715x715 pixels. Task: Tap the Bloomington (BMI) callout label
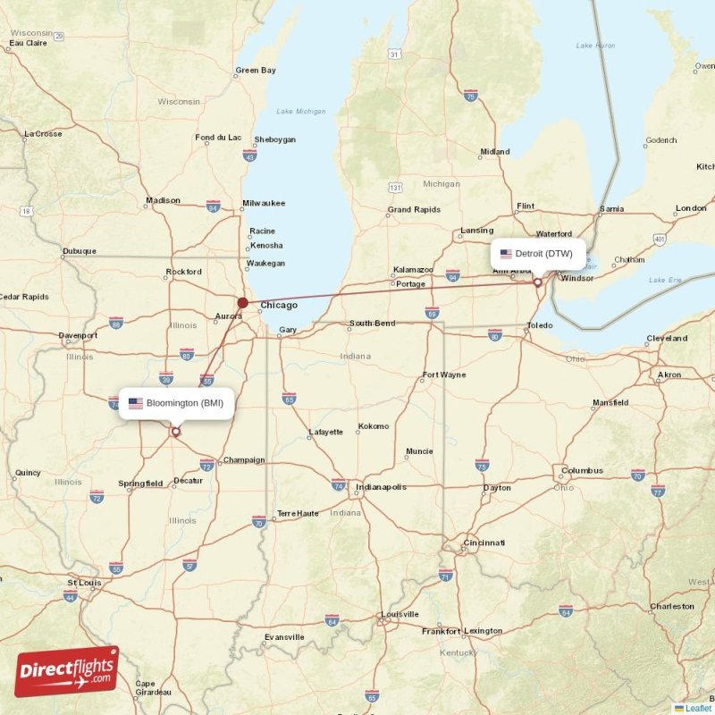(x=176, y=403)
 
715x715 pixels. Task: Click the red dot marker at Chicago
(x=242, y=303)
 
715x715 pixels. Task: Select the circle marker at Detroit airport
(x=538, y=282)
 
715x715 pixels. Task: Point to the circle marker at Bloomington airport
(x=175, y=433)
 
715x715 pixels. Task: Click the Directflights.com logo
(x=67, y=671)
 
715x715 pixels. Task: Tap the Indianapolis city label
(x=381, y=487)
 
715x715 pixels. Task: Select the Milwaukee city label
(x=264, y=203)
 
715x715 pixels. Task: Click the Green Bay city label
(x=256, y=70)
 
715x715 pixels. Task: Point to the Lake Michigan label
(x=301, y=112)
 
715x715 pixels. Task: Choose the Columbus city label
(x=582, y=470)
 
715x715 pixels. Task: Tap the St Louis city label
(x=84, y=583)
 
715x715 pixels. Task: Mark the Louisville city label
(x=400, y=614)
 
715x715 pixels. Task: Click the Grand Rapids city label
(x=414, y=211)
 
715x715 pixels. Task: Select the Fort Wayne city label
(x=444, y=374)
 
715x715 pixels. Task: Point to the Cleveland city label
(x=667, y=339)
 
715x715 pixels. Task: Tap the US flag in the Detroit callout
(x=506, y=254)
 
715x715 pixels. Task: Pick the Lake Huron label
(x=596, y=45)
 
